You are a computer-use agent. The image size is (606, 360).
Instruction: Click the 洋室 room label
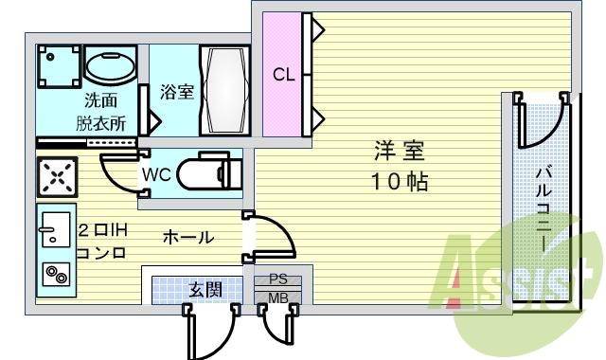[x=399, y=151]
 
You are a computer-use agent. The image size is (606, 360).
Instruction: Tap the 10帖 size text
[x=398, y=181]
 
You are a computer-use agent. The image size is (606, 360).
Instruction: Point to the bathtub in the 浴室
[x=223, y=91]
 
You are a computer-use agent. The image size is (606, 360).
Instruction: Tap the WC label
[x=157, y=174]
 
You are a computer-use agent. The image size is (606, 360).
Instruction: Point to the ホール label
[x=188, y=237]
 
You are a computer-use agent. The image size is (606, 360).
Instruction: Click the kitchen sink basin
[x=53, y=227]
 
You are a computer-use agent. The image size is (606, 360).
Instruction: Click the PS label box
[x=278, y=280]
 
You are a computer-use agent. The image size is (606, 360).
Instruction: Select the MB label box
[x=278, y=297]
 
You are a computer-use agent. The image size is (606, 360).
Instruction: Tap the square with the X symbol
[x=56, y=176]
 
